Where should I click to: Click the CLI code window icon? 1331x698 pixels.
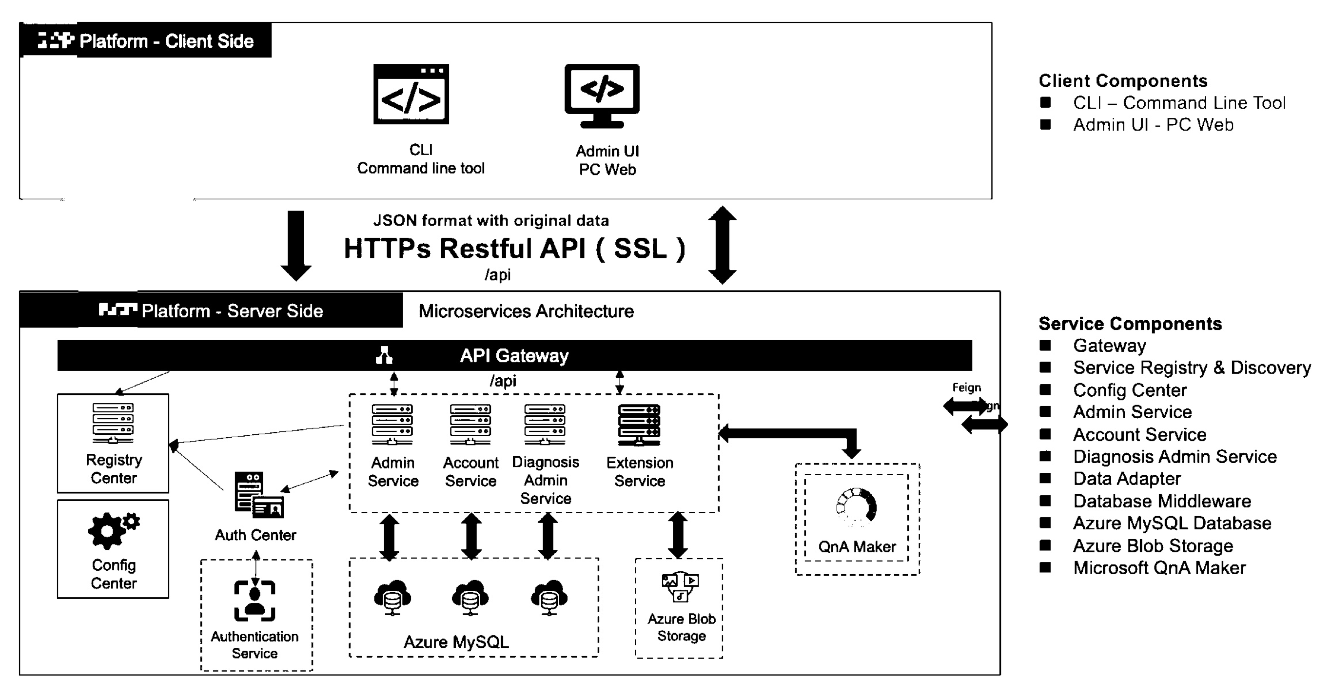click(411, 94)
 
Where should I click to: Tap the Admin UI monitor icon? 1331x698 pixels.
click(602, 95)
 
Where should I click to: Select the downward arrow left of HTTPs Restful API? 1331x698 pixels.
click(295, 245)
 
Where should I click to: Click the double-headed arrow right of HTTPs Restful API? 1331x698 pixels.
click(722, 245)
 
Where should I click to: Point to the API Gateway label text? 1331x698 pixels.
click(514, 355)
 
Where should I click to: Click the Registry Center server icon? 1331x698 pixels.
click(113, 423)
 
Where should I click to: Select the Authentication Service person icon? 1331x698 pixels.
click(254, 601)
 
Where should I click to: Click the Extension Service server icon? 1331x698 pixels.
click(639, 425)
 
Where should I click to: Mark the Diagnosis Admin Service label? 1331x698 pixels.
click(546, 480)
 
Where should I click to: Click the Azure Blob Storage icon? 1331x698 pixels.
click(680, 586)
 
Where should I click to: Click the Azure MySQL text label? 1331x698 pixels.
click(456, 641)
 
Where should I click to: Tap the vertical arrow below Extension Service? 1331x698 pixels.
click(678, 535)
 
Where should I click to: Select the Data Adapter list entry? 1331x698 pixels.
click(1126, 479)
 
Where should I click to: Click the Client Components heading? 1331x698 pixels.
click(1123, 80)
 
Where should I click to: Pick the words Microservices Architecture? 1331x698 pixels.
click(526, 311)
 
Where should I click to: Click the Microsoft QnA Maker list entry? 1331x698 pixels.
click(1159, 568)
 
